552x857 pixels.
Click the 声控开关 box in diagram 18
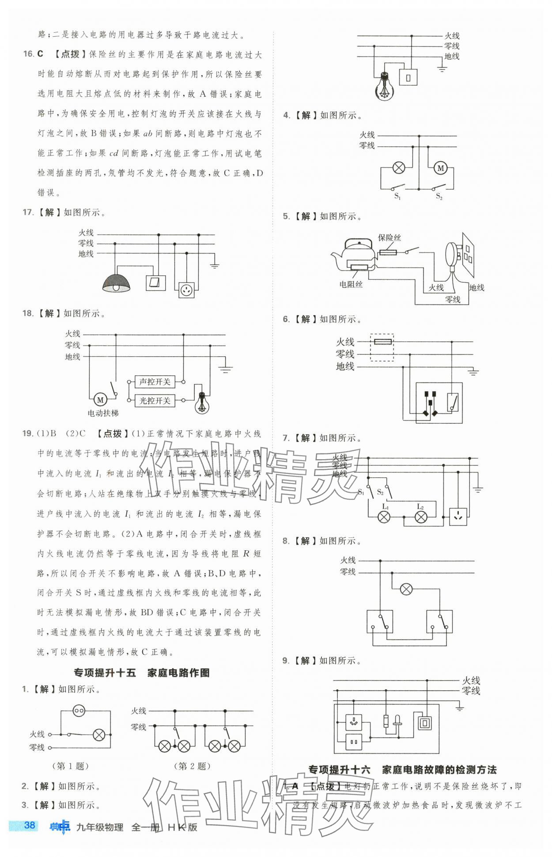pos(155,381)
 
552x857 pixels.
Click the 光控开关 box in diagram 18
pos(155,400)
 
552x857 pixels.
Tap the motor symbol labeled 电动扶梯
pos(100,400)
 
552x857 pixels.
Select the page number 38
pos(30,825)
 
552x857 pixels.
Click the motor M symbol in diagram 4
pos(440,168)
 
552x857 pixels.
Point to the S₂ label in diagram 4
pos(439,196)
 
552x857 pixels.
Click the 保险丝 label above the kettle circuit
pos(389,238)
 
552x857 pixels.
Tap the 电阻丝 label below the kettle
pos(351,284)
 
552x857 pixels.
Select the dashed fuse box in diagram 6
pos(382,347)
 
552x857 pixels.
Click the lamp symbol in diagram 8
pos(406,589)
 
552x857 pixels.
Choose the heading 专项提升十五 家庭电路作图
pos(141,673)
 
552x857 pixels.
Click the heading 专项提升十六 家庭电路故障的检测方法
pos(402,769)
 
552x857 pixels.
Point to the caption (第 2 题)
pos(192,766)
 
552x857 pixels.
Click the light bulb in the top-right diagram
pos(384,87)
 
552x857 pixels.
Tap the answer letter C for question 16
pos(40,54)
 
